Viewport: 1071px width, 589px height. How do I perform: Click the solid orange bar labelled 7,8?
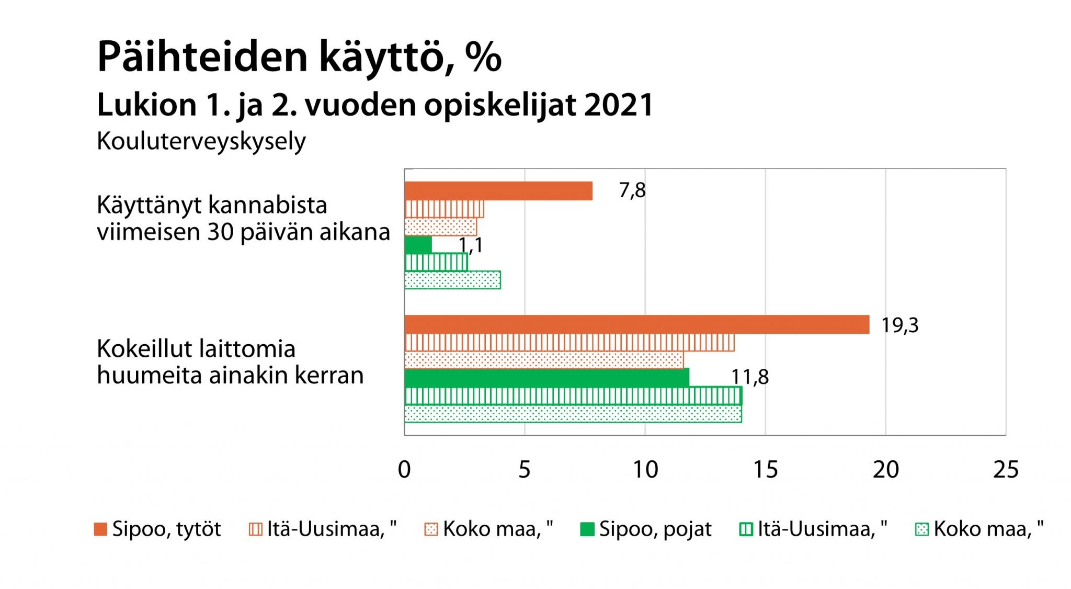(498, 191)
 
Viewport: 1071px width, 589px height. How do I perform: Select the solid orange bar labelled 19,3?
(636, 324)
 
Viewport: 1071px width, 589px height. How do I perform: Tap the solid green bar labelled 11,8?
(546, 377)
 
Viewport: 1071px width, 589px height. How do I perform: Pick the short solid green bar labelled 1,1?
(418, 245)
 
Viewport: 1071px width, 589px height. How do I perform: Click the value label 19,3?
(899, 325)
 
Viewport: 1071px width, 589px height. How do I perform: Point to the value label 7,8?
(632, 190)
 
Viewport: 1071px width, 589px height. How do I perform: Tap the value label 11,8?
(749, 377)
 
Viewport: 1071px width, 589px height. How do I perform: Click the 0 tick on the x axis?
(404, 470)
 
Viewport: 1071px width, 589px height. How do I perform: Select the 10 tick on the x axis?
(645, 470)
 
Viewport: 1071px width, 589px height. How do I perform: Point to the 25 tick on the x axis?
(1006, 470)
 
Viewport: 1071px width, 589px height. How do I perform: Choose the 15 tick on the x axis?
(766, 470)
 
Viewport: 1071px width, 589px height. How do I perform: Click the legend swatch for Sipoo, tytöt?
(100, 529)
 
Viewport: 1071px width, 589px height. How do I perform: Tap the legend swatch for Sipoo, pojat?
(587, 529)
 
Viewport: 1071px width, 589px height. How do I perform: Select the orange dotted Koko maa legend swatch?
(431, 529)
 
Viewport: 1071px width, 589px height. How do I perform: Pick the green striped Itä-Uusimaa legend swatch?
(746, 529)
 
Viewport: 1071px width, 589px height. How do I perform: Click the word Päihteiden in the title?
(202, 56)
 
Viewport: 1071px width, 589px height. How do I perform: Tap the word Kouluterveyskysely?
(201, 141)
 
